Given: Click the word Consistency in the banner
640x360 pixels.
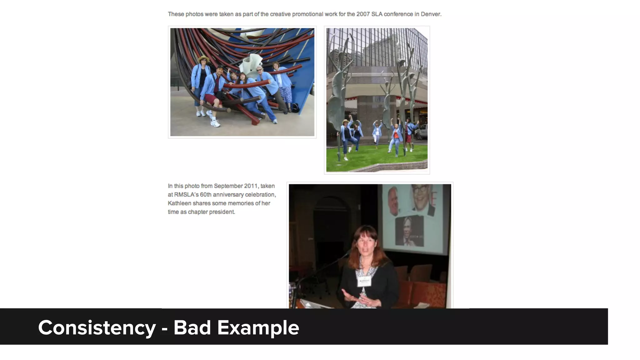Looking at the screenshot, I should coord(97,328).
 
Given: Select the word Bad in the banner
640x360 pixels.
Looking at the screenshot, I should coord(192,328).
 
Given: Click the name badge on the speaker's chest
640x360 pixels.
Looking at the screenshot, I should coord(364,281).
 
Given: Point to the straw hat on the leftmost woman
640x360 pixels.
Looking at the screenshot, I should coord(203,59).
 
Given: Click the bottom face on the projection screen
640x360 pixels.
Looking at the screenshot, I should coord(409,230).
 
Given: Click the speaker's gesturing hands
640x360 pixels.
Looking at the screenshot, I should coord(359,298).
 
